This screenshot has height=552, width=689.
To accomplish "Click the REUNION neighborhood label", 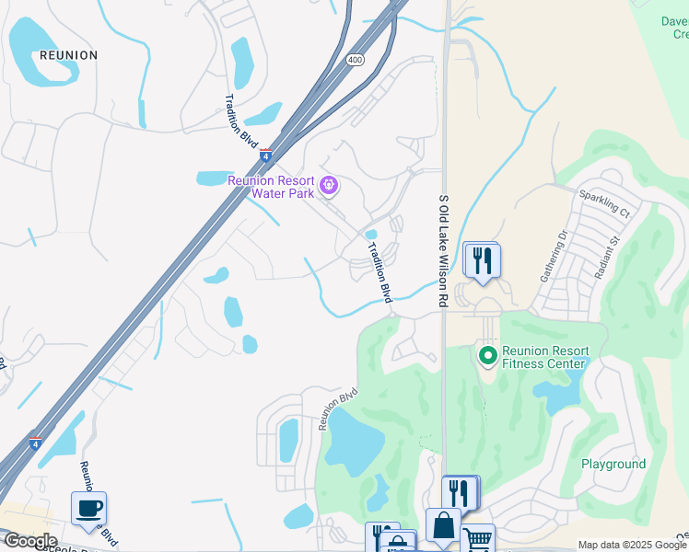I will click(68, 55).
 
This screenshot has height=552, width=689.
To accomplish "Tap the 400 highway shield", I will click(355, 60).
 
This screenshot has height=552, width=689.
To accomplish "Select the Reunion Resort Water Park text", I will click(271, 186).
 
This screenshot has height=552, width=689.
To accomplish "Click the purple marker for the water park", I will click(329, 187).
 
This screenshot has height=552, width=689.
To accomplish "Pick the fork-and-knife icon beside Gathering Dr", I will click(482, 260).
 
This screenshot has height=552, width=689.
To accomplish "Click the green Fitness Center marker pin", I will click(486, 353).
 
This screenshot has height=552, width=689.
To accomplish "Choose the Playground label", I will click(613, 464).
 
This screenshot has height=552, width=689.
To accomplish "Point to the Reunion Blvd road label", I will click(337, 408).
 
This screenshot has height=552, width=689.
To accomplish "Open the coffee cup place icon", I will click(89, 509).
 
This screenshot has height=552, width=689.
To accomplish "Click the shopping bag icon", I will click(443, 525).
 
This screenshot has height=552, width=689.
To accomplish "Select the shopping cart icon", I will click(477, 540).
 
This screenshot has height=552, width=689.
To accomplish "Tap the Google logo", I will click(29, 541).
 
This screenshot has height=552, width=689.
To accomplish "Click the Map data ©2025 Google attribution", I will click(632, 545).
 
